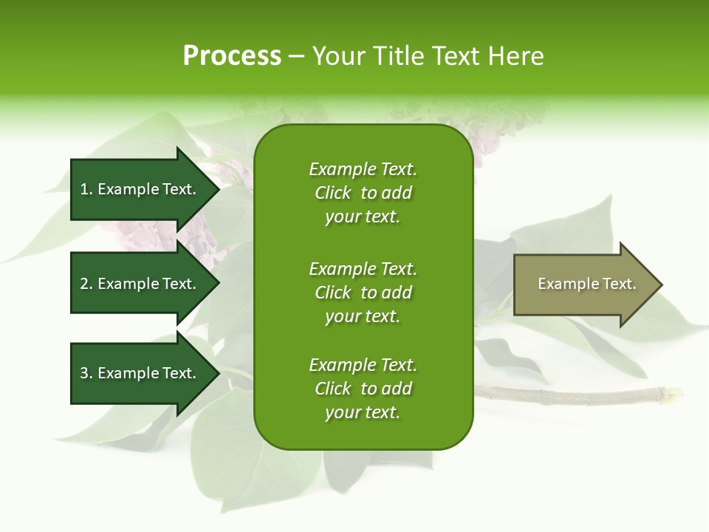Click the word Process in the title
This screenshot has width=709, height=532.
tap(232, 56)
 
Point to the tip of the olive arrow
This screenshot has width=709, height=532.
tap(660, 284)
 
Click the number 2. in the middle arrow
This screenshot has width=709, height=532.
tap(86, 284)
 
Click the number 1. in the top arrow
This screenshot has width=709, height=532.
tap(86, 189)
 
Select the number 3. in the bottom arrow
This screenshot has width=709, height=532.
tap(86, 373)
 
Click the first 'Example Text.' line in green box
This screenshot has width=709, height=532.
tap(363, 169)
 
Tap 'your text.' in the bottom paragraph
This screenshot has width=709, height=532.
tap(363, 412)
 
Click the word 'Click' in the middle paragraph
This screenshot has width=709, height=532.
tap(332, 293)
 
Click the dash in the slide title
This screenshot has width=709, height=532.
tap(296, 56)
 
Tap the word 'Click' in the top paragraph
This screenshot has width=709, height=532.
tap(332, 193)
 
